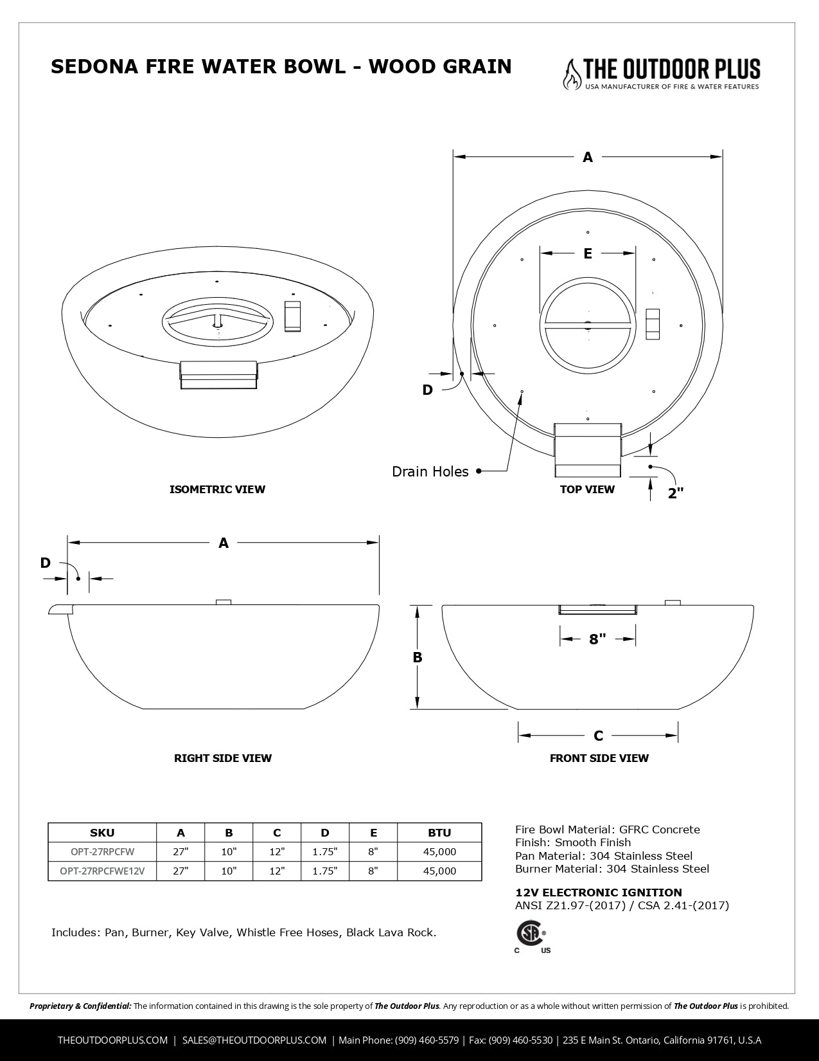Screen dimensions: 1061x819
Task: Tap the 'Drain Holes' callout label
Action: point(430,472)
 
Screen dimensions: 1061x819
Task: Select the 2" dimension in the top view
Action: point(675,493)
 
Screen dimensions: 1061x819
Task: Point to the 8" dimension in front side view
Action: point(597,639)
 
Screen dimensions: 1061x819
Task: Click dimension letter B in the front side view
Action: point(418,657)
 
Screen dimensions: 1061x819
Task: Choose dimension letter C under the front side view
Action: point(598,736)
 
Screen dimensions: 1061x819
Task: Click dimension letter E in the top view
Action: point(588,254)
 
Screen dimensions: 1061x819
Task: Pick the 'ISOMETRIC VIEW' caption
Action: point(217,489)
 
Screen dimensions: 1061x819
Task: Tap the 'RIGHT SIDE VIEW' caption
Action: point(223,758)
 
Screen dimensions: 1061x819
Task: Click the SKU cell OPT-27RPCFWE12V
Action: point(102,871)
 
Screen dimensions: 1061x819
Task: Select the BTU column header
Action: point(439,833)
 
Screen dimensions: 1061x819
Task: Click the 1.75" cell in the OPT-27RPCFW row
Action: point(324,852)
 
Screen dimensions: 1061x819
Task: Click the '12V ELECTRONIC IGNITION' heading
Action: point(599,893)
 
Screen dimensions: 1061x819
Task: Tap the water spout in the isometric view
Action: point(219,375)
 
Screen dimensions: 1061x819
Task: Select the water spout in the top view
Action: point(588,449)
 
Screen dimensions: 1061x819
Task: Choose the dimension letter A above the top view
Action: point(587,157)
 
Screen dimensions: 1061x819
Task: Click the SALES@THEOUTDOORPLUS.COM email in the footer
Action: point(254,1040)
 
